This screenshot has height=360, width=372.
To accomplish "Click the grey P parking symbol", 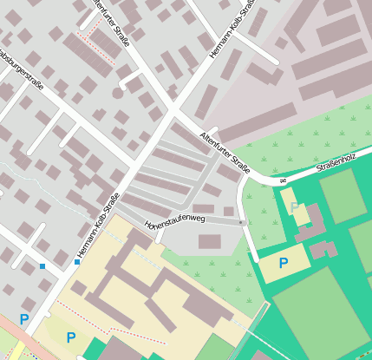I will [295, 206].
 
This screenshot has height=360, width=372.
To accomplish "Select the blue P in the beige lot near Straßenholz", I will [283, 262].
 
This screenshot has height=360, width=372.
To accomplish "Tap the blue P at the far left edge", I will [23, 319].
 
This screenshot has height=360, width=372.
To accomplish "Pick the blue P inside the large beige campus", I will [70, 337].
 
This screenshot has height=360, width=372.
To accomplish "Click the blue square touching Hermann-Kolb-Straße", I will [77, 261].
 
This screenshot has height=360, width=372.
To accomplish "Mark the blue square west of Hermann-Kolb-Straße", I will [42, 265].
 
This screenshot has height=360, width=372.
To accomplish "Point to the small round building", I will [118, 92].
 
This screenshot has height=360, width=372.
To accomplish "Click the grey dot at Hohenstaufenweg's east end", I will [241, 223].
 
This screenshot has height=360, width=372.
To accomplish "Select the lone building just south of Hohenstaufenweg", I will [210, 241].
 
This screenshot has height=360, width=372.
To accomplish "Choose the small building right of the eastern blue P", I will [323, 250].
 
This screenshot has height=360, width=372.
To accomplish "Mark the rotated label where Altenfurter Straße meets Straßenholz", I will [283, 180].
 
